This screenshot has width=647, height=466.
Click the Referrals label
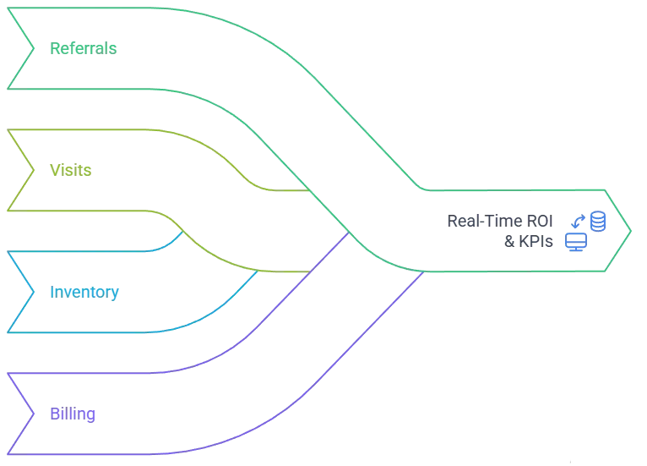click(x=81, y=47)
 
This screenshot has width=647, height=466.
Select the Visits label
click(x=71, y=170)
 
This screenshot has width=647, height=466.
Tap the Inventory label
click(x=84, y=293)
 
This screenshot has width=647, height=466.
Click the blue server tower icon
click(x=598, y=223)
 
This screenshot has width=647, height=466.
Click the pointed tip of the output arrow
click(x=630, y=228)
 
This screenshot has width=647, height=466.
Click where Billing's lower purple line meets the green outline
click(x=421, y=273)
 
